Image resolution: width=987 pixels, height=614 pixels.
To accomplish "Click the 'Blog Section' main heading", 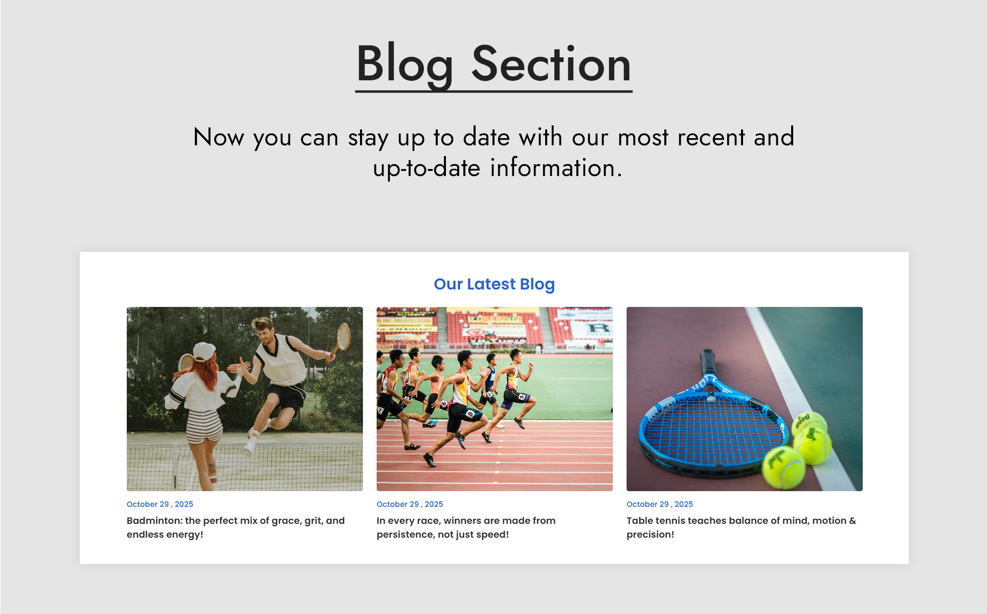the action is pos(494,64).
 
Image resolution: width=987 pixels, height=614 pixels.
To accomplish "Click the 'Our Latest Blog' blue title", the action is pos(494,284).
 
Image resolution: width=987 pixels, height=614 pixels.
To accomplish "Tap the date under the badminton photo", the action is pos(160,504).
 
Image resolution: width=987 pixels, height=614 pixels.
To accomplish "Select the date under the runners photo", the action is pos(410,504).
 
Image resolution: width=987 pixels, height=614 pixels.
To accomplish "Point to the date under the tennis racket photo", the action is pos(660,504).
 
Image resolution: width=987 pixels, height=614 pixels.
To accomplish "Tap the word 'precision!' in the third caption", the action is pos(650,535).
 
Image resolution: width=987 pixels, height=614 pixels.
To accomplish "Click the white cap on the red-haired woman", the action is pos(204,351).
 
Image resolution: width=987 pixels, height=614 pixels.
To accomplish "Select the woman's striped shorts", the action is pos(204,426).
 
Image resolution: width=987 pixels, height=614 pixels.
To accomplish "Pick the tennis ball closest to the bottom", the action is pos(783,467).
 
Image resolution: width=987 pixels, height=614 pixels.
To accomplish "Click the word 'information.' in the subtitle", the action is pos(556,168).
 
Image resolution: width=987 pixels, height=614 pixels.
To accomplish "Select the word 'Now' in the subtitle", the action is pos(219,137).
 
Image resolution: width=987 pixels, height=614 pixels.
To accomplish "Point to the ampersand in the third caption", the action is pos(853,520).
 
